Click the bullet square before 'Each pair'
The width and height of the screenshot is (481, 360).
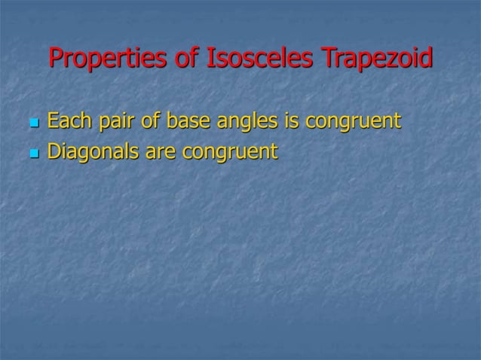click(x=32, y=123)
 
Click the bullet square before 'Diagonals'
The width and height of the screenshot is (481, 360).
click(x=32, y=154)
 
